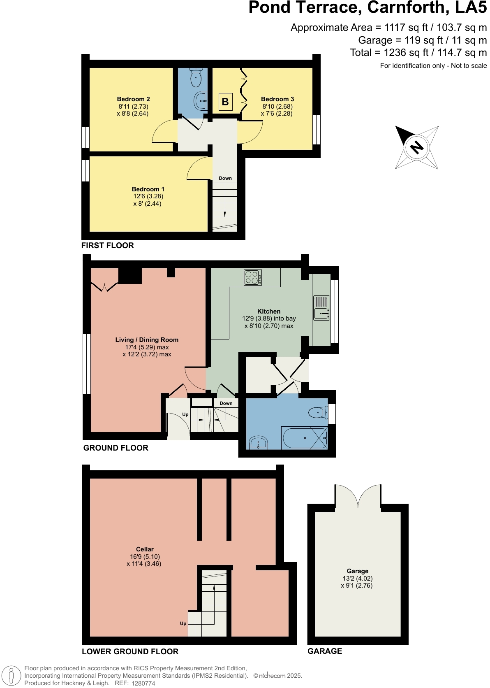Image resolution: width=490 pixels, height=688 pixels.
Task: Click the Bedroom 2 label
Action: [x=133, y=99]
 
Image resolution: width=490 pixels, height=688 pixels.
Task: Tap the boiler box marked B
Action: [x=225, y=102]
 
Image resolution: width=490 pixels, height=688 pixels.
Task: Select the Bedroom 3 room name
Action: [x=277, y=99]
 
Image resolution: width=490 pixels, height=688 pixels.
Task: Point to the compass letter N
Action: [x=417, y=147]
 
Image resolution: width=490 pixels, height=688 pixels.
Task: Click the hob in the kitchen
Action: [x=252, y=277]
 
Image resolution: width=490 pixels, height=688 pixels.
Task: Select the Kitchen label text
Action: [x=269, y=311]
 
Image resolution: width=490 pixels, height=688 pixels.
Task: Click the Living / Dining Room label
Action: [x=147, y=340]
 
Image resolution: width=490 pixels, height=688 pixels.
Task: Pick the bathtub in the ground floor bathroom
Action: [x=305, y=438]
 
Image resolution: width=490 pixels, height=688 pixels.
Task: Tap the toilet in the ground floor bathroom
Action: [x=318, y=412]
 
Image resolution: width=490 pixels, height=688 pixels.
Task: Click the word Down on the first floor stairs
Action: [x=225, y=178]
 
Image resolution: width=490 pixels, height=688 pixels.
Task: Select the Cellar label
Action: [x=145, y=549]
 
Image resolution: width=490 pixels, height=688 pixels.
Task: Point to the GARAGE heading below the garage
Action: [x=325, y=651]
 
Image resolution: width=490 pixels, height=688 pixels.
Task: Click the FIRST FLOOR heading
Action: [x=108, y=245]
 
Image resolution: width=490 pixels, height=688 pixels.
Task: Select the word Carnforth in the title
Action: [x=406, y=7]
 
